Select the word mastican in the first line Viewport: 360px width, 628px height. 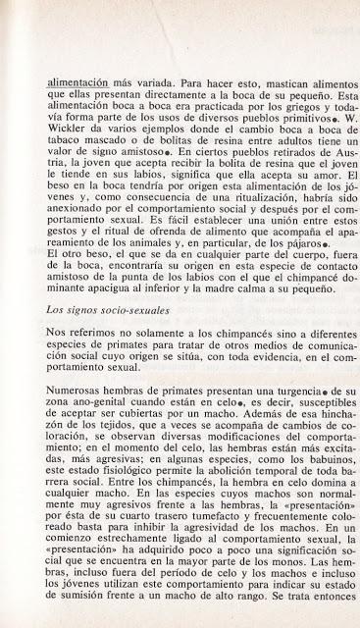coord(226,72)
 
